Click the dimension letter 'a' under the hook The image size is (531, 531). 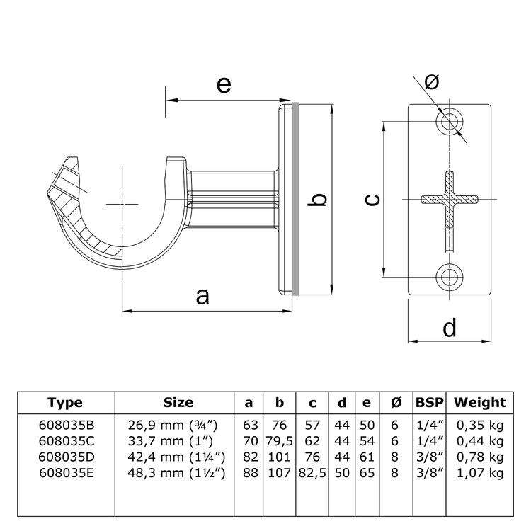(202, 296)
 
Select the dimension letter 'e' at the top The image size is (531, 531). (223, 84)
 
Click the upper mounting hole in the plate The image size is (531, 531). (449, 122)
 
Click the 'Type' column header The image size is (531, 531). (65, 403)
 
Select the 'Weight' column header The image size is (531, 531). (479, 403)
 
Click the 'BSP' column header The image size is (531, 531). (429, 403)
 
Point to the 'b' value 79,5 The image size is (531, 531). (280, 441)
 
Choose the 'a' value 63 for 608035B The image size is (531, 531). (249, 426)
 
